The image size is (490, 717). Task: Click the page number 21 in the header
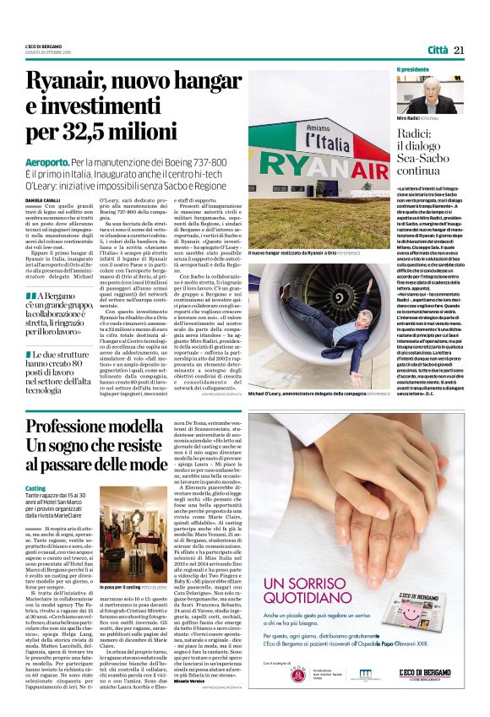pyautogui.click(x=460, y=49)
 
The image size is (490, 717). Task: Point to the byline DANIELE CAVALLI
pyautogui.click(x=43, y=198)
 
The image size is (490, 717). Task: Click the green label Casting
pyautogui.click(x=35, y=488)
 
